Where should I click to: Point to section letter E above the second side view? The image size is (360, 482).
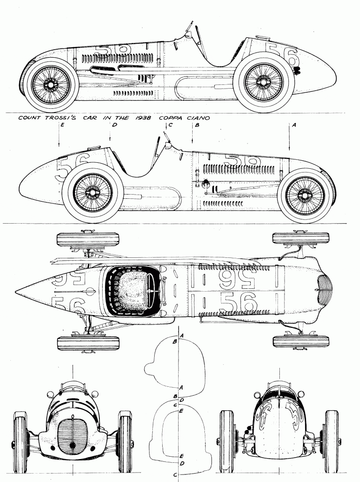[62, 126]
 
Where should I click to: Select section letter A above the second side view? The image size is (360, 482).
[294, 126]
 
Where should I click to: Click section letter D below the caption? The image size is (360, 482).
[114, 126]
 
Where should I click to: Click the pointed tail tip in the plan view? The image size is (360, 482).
[17, 289]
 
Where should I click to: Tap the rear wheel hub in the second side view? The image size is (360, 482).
[93, 192]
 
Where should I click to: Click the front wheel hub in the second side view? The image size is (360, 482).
[307, 194]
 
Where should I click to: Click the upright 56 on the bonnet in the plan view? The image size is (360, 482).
[238, 303]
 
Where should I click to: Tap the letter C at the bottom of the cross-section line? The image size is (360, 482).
[175, 475]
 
